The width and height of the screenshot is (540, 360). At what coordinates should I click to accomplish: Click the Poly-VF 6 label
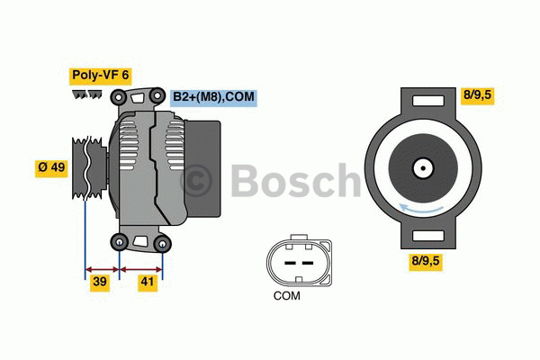[100, 76]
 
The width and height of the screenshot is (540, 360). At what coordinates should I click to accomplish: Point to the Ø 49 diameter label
[51, 167]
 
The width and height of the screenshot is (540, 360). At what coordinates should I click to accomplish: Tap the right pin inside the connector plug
[306, 263]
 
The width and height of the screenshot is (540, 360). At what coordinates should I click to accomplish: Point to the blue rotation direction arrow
[422, 210]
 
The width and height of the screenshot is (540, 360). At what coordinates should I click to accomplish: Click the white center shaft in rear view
[422, 168]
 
